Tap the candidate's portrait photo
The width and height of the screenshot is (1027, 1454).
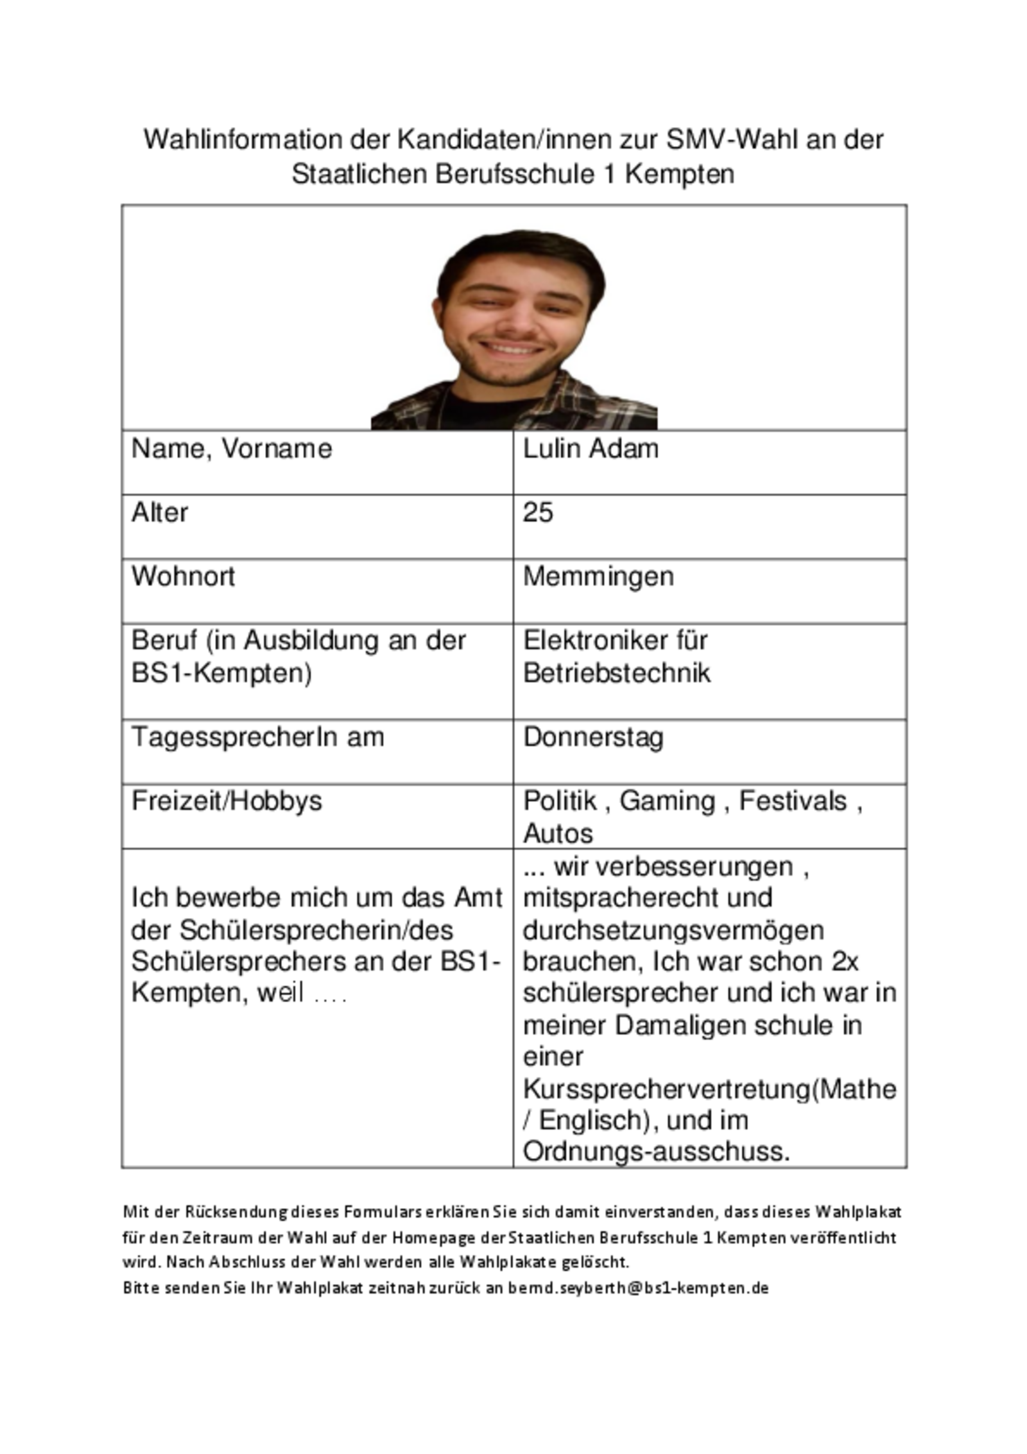click(x=513, y=329)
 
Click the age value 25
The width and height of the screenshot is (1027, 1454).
click(x=538, y=512)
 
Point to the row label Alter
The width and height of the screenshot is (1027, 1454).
click(x=159, y=512)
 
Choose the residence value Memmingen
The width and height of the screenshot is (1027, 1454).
click(x=598, y=576)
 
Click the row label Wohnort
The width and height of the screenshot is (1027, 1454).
click(x=183, y=576)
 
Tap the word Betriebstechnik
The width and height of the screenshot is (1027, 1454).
click(x=617, y=673)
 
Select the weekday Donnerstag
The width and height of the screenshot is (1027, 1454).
click(x=593, y=737)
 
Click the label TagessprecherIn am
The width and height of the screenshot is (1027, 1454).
click(x=257, y=737)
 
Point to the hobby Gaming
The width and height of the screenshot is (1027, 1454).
click(x=668, y=801)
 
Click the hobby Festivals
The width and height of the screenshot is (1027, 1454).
click(x=793, y=801)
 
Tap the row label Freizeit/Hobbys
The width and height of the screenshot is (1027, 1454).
click(x=227, y=801)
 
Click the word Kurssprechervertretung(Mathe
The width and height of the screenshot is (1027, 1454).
click(x=709, y=1089)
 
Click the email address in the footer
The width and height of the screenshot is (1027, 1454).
click(x=639, y=1288)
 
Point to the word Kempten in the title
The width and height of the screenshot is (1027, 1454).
click(x=680, y=174)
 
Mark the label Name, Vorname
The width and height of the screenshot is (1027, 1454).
click(x=232, y=449)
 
